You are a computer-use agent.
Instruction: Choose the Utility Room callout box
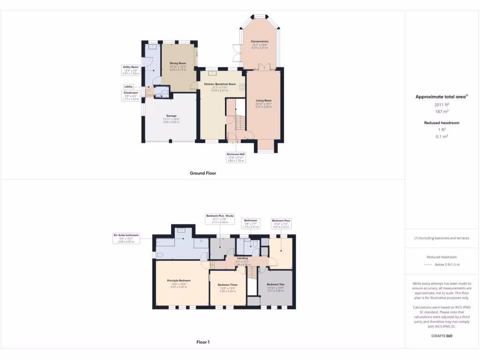(131, 70)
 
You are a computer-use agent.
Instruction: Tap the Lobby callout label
(128, 87)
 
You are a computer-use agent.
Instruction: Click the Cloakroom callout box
(131, 96)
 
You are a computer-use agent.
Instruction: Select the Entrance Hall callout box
(236, 157)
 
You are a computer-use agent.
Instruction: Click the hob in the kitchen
(242, 87)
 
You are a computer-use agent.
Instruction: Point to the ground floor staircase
(240, 123)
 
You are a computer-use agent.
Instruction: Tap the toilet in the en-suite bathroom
(159, 255)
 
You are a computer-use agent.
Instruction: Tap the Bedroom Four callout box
(281, 223)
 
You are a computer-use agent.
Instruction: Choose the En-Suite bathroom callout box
(126, 238)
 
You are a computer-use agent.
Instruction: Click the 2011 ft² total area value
(442, 105)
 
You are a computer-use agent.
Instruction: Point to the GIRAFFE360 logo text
(442, 336)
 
